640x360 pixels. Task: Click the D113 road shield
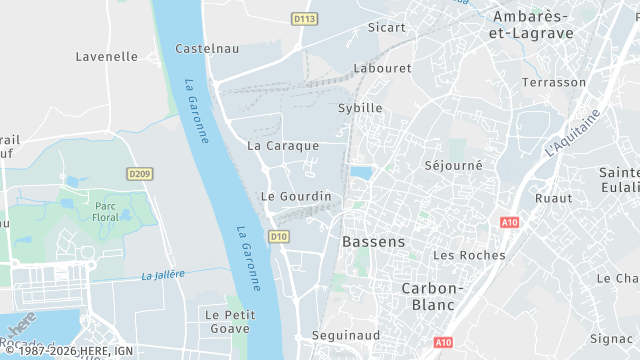pyautogui.click(x=304, y=19)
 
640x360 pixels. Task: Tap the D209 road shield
pyautogui.click(x=140, y=174)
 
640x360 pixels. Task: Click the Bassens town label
pyautogui.click(x=374, y=242)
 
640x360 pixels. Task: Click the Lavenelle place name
pyautogui.click(x=107, y=57)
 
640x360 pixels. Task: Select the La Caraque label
pyautogui.click(x=283, y=145)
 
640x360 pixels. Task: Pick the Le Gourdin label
pyautogui.click(x=295, y=196)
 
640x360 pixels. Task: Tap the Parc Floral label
pyautogui.click(x=106, y=211)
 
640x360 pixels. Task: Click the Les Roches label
pyautogui.click(x=469, y=255)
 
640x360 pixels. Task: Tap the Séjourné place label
pyautogui.click(x=453, y=165)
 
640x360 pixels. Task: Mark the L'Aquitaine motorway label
pyautogui.click(x=574, y=133)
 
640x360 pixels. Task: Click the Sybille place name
pyautogui.click(x=360, y=107)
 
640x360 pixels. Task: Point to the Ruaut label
pyautogui.click(x=553, y=198)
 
